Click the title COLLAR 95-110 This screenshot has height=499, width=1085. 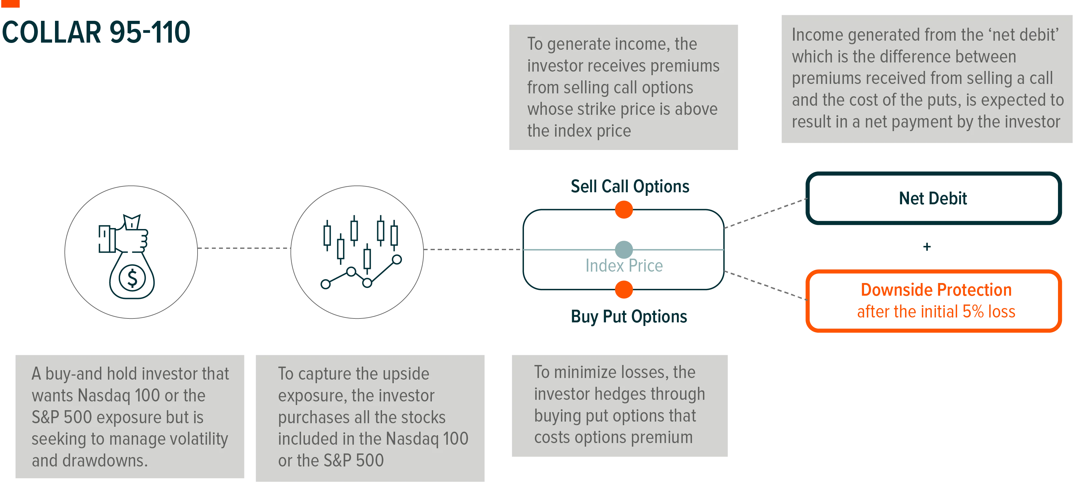(x=96, y=33)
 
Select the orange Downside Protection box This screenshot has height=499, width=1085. (x=933, y=301)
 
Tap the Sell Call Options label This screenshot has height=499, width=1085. (x=630, y=186)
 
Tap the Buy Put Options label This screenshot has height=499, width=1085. (x=629, y=317)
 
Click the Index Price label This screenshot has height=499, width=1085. (x=624, y=266)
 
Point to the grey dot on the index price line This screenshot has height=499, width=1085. (x=624, y=250)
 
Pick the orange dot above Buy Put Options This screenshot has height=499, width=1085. (x=624, y=290)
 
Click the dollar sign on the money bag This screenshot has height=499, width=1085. (x=132, y=278)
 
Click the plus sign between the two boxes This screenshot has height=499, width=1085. (x=927, y=247)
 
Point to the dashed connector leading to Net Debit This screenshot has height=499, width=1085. (x=766, y=213)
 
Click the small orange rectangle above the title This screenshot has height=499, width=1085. (x=10, y=3)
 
